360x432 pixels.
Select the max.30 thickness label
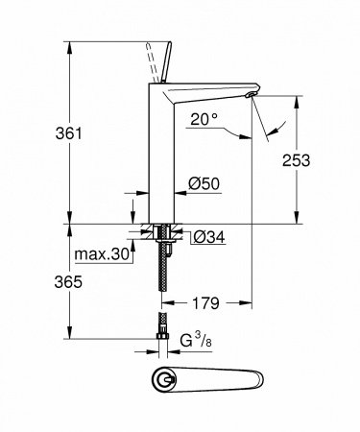100,254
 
